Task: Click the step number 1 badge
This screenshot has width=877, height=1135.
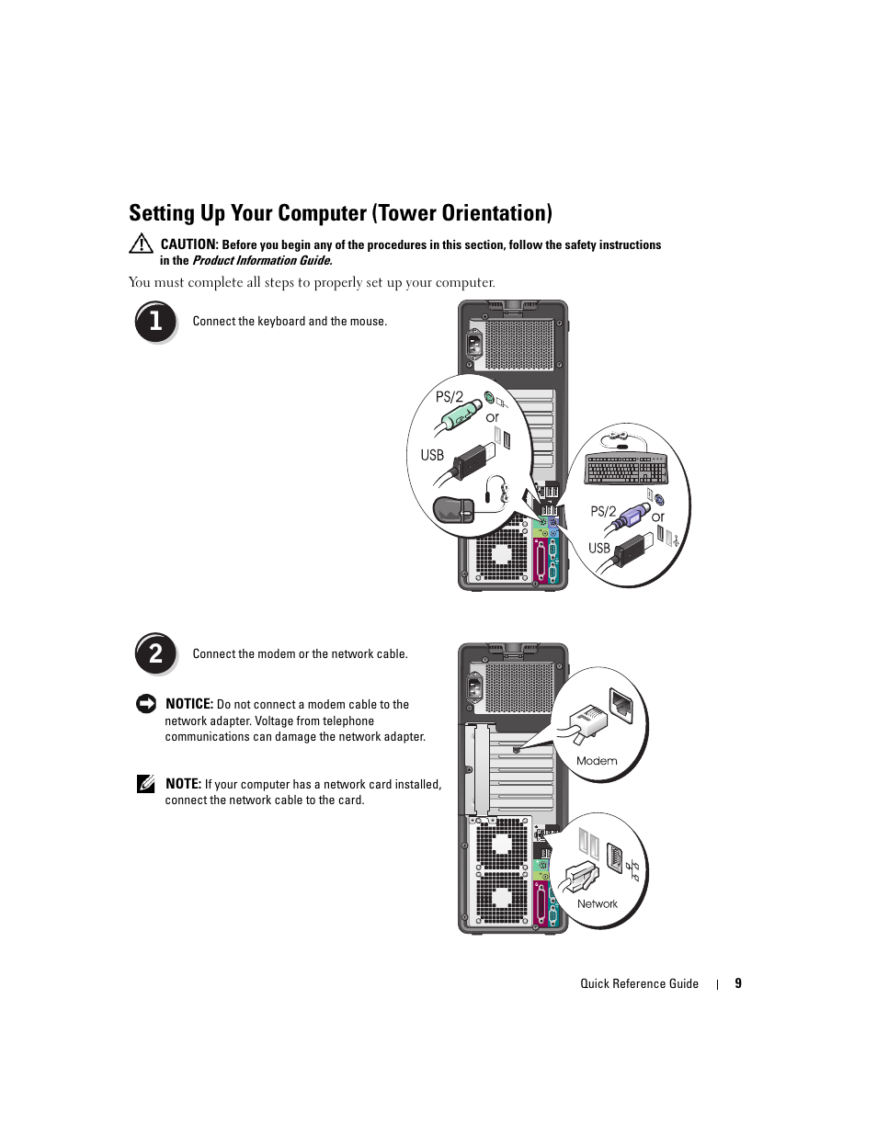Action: pyautogui.click(x=155, y=323)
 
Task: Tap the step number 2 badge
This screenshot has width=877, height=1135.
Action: pyautogui.click(x=155, y=654)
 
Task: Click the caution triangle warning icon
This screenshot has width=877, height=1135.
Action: pyautogui.click(x=141, y=244)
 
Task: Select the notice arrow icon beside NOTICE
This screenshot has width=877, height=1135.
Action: pyautogui.click(x=145, y=704)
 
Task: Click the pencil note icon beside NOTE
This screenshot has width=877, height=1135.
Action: pyautogui.click(x=145, y=784)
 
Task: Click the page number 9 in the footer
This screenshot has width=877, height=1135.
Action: pyautogui.click(x=738, y=983)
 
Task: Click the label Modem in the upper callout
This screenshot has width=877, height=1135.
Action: pyautogui.click(x=597, y=761)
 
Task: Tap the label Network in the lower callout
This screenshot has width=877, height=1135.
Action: pyautogui.click(x=598, y=903)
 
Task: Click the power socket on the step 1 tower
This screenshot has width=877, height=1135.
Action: pyautogui.click(x=474, y=346)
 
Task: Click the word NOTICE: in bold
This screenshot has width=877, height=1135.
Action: pyautogui.click(x=189, y=704)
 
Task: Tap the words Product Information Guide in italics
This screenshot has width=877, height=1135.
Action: pyautogui.click(x=261, y=260)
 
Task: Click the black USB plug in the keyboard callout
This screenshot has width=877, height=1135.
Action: pyautogui.click(x=630, y=550)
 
